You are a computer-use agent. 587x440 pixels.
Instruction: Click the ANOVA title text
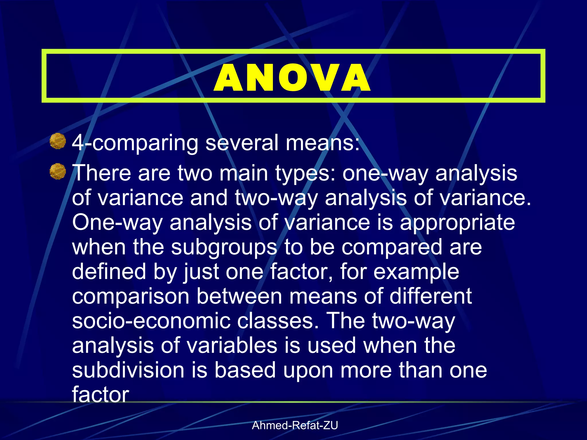coord(292,78)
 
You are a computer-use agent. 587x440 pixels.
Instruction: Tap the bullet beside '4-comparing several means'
coord(58,141)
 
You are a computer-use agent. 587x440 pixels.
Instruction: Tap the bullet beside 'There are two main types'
coord(58,172)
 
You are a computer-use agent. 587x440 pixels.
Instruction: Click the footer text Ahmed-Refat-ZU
coord(295,425)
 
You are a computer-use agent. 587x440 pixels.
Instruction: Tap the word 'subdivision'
coord(128,370)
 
